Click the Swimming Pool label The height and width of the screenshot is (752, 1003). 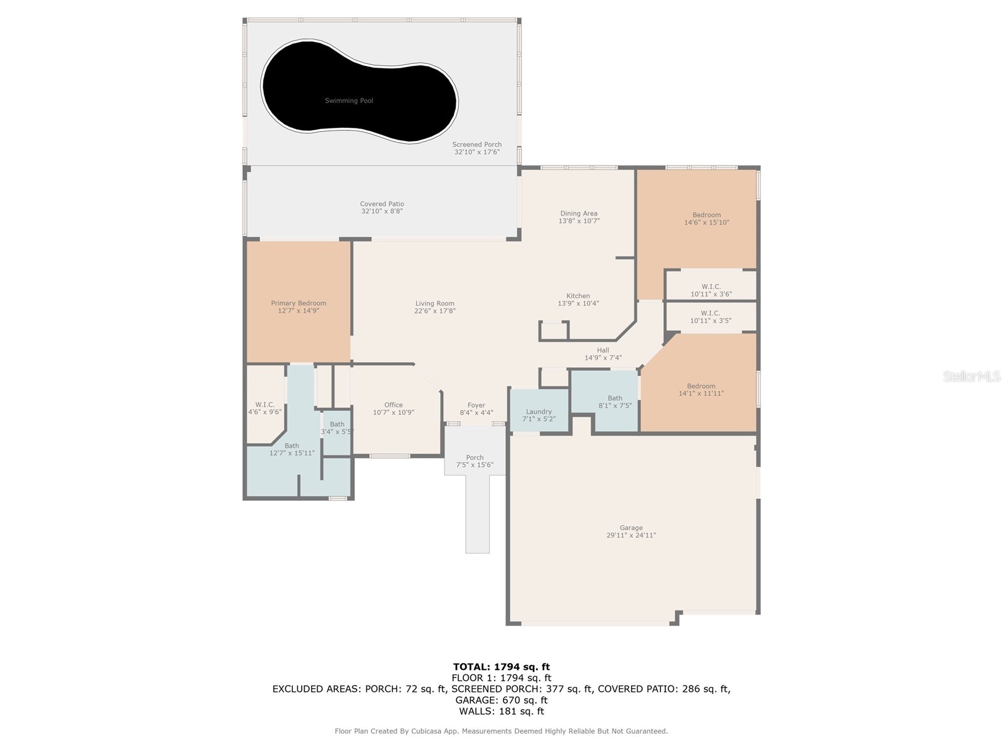[349, 100]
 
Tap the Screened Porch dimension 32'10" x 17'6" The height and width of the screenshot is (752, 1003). [476, 152]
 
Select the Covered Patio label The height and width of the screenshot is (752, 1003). [382, 204]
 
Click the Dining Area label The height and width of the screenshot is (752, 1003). [579, 213]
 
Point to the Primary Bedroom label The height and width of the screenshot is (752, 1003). [298, 303]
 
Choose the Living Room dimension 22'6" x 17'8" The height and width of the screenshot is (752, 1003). [434, 311]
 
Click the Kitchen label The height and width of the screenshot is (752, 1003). [578, 296]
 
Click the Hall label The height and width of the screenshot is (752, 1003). [603, 350]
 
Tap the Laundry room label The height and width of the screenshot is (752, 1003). [538, 412]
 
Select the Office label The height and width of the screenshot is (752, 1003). [394, 405]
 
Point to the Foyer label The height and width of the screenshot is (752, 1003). [476, 405]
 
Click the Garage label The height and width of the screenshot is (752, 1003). [631, 528]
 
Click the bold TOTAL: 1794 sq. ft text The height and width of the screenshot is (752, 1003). [501, 667]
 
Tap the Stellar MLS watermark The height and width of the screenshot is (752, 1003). [972, 376]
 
